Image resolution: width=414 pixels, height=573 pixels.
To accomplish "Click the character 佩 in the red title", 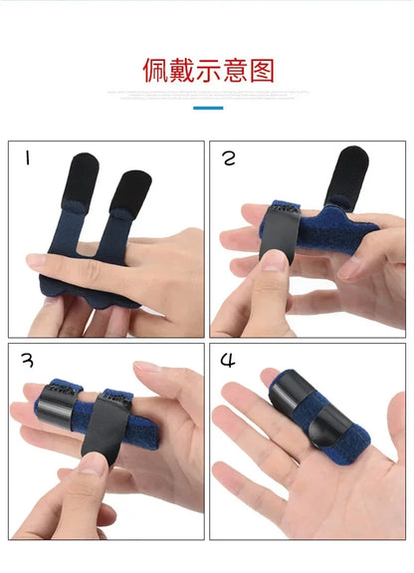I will [x=155, y=71].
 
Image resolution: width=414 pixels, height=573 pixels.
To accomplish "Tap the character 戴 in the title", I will [x=181, y=71].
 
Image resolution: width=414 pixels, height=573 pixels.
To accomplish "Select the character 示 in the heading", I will [x=207, y=71].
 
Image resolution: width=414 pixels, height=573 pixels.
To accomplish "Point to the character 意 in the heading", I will [x=233, y=71].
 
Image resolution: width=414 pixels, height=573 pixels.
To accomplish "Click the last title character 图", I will [x=260, y=71].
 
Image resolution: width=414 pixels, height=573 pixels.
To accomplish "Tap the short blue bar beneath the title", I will [x=207, y=107].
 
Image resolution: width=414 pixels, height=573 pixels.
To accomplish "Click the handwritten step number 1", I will [x=27, y=157].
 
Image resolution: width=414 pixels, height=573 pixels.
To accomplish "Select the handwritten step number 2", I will [x=229, y=158].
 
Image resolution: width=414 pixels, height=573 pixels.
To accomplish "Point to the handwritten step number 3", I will [x=28, y=361].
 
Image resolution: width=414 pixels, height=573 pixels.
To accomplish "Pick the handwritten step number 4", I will [x=229, y=361].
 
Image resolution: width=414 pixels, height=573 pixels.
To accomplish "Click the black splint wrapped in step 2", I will [x=278, y=235].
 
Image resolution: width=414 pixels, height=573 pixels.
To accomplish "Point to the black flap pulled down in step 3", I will [x=103, y=424].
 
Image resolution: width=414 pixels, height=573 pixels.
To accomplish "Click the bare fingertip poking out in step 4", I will [x=269, y=378].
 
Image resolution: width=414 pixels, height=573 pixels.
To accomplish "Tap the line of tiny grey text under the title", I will [x=207, y=95].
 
